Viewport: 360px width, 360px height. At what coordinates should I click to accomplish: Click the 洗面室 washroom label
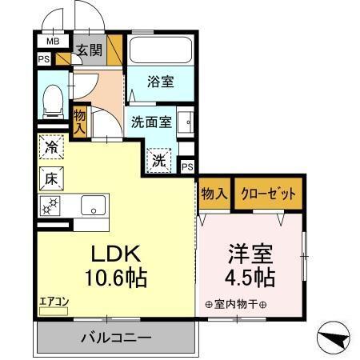pos(152,124)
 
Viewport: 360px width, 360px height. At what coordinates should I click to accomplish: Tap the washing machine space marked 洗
pos(160,160)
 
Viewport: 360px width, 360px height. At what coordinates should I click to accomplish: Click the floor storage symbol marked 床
pos(50,178)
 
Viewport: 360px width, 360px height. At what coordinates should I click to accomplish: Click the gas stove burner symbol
pos(49,206)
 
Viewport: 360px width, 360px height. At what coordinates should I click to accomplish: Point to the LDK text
pos(114,254)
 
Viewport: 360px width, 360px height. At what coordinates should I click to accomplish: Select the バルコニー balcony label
pos(114,338)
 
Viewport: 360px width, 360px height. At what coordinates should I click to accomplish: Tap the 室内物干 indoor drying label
pos(236,304)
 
